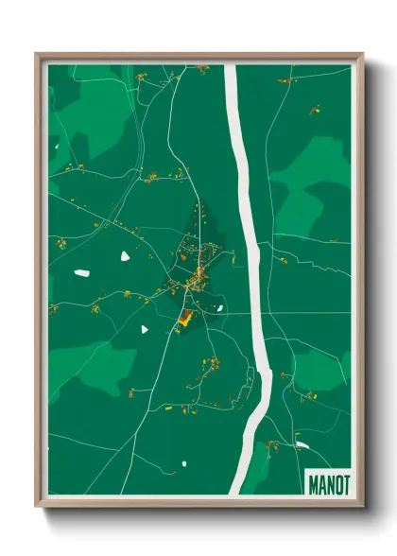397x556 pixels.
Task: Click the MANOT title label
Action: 328,484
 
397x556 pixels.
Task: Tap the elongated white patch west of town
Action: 82,273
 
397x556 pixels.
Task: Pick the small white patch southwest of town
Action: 145,329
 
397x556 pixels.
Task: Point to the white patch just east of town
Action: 219,306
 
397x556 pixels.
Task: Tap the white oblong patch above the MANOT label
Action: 302,445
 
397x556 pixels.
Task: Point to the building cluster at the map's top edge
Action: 202,68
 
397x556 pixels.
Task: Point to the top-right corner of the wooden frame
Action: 361,55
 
